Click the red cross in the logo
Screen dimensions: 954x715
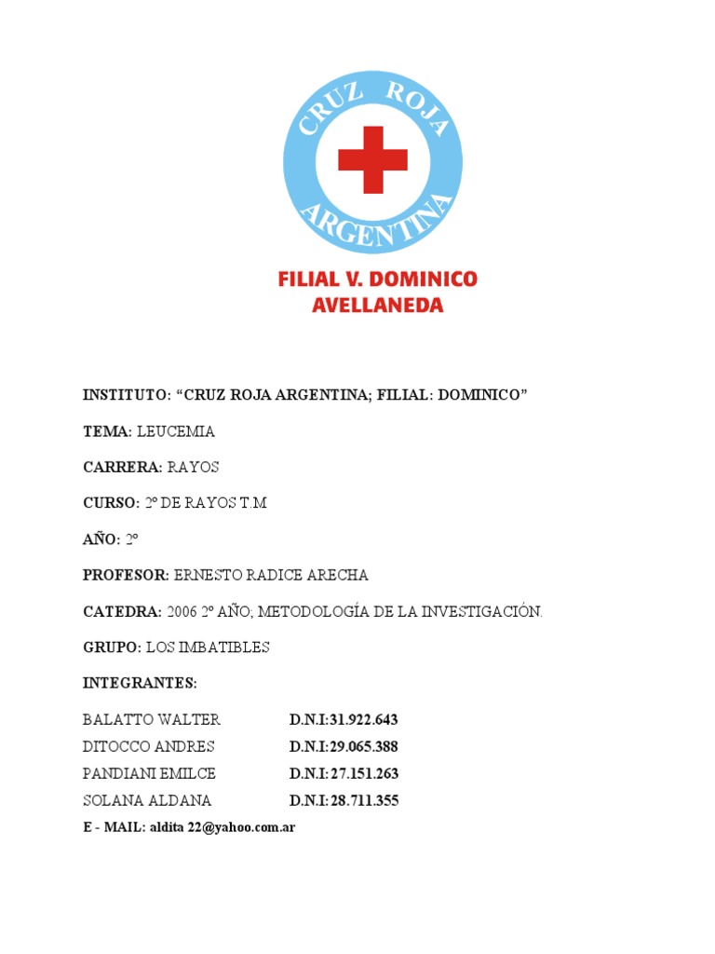click(x=372, y=160)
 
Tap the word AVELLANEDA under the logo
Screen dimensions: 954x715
click(x=377, y=306)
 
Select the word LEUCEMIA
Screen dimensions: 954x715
click(x=176, y=431)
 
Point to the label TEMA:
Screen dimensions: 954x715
click(x=108, y=431)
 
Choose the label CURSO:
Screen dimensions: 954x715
click(x=111, y=503)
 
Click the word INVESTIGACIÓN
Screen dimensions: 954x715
click(x=480, y=611)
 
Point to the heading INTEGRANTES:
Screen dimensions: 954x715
click(x=140, y=683)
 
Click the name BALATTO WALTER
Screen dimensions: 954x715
click(x=151, y=719)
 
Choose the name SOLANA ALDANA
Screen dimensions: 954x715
click(x=147, y=800)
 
